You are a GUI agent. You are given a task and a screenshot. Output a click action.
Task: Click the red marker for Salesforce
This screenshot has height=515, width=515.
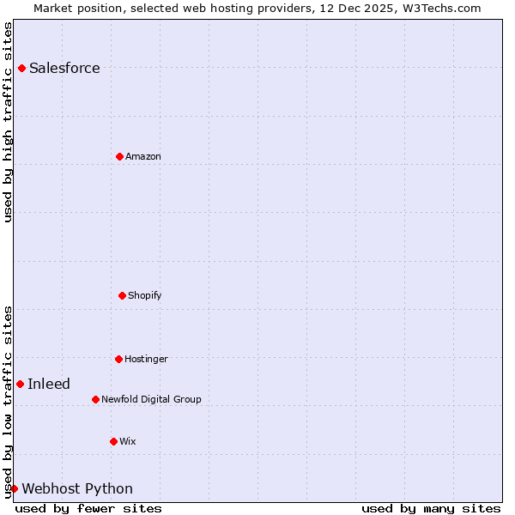[x=21, y=68]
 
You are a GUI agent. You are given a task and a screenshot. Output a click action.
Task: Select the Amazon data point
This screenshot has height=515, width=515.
[x=120, y=156]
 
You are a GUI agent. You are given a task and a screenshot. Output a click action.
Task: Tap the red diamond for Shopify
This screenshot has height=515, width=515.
[x=122, y=295]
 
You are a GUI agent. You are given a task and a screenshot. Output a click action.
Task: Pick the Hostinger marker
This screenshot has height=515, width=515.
[x=118, y=359]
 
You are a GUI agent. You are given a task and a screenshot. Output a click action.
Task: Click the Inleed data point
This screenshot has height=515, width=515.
[x=20, y=384]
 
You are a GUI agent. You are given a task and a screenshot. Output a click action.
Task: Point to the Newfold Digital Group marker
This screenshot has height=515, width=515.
[x=95, y=399]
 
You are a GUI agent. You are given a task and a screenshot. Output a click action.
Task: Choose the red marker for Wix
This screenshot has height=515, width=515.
[x=113, y=441]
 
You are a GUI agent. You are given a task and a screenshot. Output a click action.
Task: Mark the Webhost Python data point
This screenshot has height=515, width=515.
[x=14, y=488]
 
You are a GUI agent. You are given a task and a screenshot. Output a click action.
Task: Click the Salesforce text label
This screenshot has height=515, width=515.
[x=64, y=69]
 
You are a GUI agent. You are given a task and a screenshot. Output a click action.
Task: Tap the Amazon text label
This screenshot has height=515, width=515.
[x=143, y=157]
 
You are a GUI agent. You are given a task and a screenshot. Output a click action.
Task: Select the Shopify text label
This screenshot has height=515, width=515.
[x=145, y=296]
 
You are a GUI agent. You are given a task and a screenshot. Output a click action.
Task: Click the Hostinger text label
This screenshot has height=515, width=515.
[x=146, y=360]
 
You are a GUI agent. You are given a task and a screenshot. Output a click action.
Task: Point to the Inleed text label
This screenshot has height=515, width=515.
[x=49, y=385]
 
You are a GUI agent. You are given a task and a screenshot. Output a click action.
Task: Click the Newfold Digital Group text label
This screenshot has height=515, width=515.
[x=151, y=400]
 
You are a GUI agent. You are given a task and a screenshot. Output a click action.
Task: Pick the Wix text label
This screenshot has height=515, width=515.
[x=128, y=442]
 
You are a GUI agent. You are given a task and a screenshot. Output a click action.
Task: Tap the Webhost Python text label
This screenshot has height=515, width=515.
[x=77, y=489]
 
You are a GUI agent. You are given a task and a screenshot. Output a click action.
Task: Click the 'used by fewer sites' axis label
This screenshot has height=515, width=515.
[x=88, y=508]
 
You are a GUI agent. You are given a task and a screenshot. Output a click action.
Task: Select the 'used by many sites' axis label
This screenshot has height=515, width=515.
[x=431, y=508]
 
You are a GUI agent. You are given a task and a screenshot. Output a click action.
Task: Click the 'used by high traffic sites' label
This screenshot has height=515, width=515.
[x=8, y=122]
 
